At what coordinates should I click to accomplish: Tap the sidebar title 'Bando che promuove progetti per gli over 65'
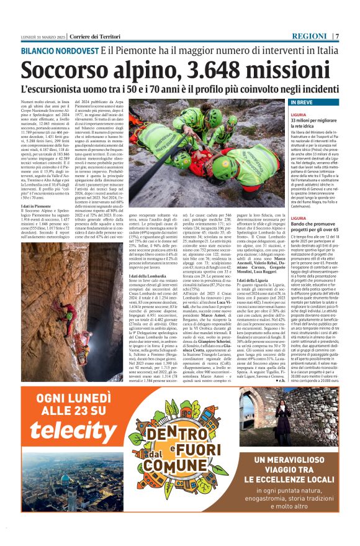click(315, 222)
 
